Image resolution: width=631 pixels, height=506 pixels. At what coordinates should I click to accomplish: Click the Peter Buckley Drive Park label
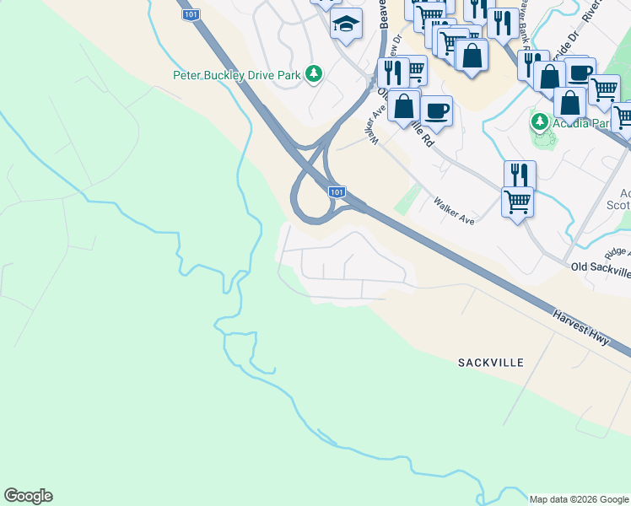pyautogui.click(x=236, y=75)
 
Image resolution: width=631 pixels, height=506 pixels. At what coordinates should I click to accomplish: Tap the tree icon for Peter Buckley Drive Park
pyautogui.click(x=314, y=75)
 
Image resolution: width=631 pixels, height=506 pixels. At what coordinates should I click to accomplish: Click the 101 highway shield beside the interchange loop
pyautogui.click(x=337, y=192)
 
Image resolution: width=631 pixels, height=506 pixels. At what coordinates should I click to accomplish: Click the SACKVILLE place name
pyautogui.click(x=490, y=363)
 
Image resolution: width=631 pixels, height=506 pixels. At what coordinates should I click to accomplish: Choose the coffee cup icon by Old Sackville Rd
pyautogui.click(x=436, y=110)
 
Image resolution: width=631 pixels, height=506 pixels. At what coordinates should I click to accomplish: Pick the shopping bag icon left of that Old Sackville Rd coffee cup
pyautogui.click(x=404, y=106)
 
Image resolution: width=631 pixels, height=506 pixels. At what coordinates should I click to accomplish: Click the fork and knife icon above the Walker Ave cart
pyautogui.click(x=520, y=175)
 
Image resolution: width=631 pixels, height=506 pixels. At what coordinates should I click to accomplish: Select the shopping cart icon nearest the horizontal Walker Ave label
pyautogui.click(x=516, y=202)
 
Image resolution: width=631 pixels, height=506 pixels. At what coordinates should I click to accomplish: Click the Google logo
pyautogui.click(x=28, y=496)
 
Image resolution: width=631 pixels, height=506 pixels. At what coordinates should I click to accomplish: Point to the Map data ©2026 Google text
pyautogui.click(x=579, y=498)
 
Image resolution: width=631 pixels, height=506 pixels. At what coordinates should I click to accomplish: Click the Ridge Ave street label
pyautogui.click(x=618, y=251)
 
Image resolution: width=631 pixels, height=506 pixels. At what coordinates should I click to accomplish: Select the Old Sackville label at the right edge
pyautogui.click(x=600, y=269)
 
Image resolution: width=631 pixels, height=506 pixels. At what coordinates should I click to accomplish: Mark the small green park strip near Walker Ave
pyautogui.click(x=408, y=199)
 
